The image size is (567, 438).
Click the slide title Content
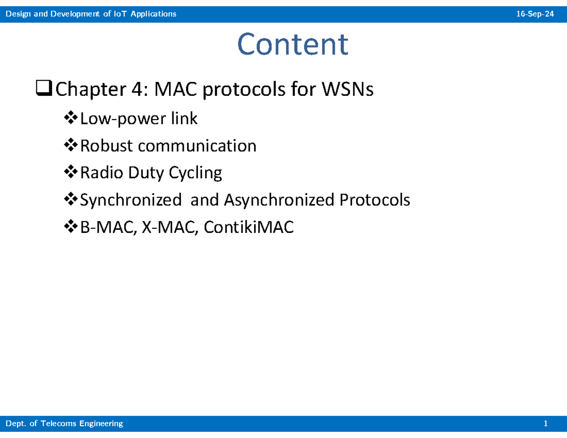[x=292, y=44]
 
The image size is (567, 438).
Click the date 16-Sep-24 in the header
[x=535, y=14]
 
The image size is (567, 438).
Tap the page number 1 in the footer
[x=545, y=423]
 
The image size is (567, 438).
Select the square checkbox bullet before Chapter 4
[x=44, y=88]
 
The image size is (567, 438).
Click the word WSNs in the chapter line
[x=347, y=89]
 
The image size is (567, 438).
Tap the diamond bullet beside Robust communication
[x=71, y=145]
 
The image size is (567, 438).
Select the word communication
[x=197, y=146]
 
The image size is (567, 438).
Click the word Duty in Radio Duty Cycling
[x=146, y=172]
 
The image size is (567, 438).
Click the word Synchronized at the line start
[x=131, y=200]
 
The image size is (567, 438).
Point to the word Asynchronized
[x=279, y=200]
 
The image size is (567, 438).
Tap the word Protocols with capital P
[x=375, y=200]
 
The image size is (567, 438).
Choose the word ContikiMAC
[x=249, y=227]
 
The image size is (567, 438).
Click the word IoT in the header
[x=120, y=14]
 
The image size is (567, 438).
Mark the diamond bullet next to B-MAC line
[x=71, y=226]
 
